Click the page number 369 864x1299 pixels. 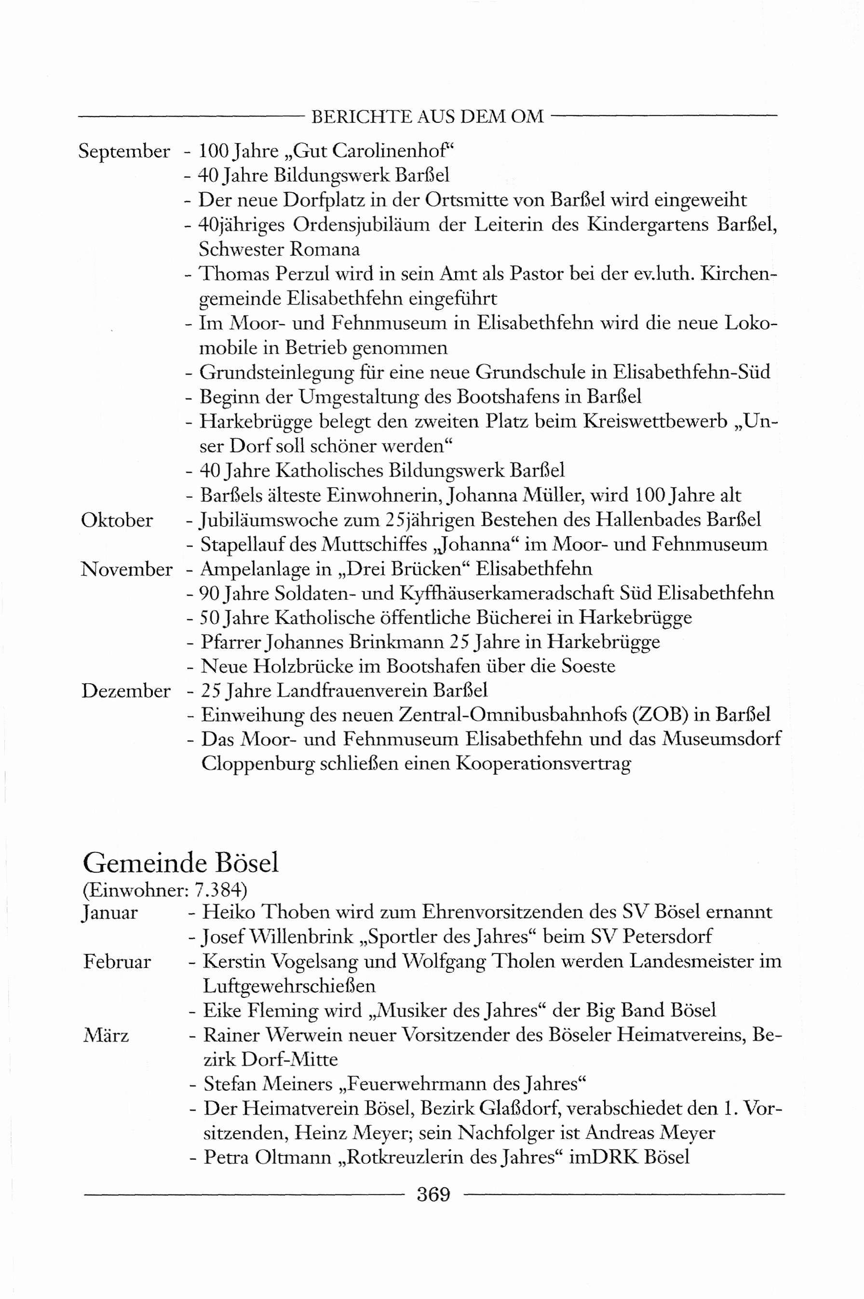click(433, 1194)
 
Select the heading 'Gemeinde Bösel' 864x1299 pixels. click(181, 863)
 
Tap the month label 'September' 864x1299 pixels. click(124, 151)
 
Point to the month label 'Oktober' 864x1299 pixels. click(117, 520)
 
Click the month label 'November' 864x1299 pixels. click(126, 569)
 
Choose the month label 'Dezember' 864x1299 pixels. click(126, 690)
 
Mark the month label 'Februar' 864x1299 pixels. click(117, 961)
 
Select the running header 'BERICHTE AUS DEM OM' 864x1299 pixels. click(427, 116)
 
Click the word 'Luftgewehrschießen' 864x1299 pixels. click(289, 986)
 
